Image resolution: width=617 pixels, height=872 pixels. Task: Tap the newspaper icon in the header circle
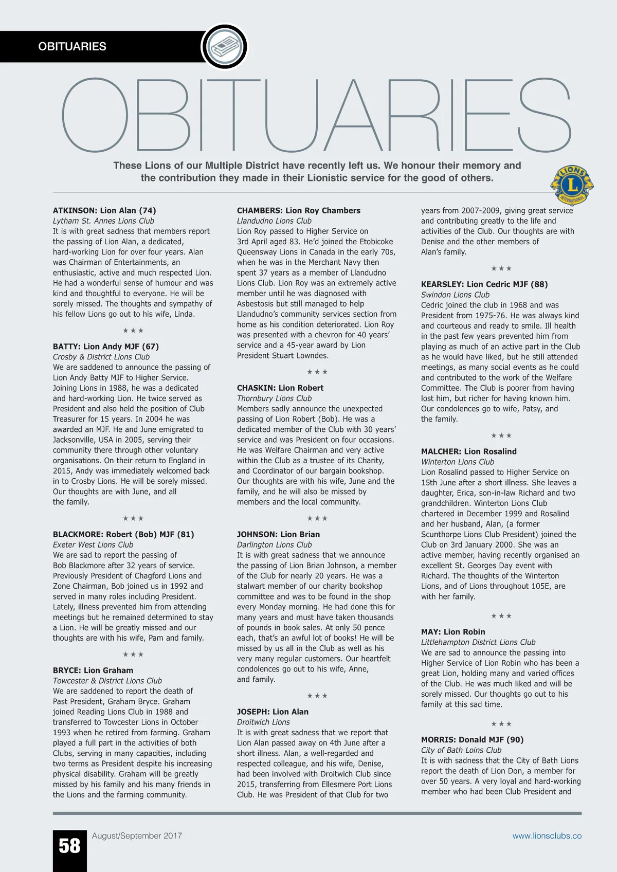pos(224,46)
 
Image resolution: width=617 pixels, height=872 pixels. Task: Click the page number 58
pos(69,846)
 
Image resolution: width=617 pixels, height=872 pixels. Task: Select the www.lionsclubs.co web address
pos(547,836)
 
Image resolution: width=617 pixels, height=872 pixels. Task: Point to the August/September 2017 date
pos(137,836)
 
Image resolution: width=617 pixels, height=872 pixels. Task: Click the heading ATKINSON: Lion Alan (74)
pos(104,210)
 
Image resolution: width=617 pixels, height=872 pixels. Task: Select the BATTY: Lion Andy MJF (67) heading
pos(106,347)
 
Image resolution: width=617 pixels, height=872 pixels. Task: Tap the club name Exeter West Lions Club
pos(93,544)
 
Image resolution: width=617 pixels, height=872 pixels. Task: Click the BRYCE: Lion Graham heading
pos(93,670)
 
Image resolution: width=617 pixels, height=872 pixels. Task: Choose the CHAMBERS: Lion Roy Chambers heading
pos(299,210)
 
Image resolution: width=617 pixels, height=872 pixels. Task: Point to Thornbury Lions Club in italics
pos(274,398)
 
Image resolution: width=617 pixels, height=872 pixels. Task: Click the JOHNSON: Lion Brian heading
pos(278,534)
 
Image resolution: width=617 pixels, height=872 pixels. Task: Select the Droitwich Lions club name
pos(263,722)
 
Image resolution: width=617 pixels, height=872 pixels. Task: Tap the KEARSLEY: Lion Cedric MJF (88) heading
pos(484,284)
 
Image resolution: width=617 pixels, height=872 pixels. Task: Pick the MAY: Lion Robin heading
pos(453,632)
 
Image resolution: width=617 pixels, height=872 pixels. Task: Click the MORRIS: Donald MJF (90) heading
pos(472,740)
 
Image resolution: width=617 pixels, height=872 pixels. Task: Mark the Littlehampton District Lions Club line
pos(478,642)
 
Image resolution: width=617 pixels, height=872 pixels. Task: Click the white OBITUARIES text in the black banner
pos(72,46)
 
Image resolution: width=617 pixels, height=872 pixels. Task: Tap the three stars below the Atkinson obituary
pos(133,331)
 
